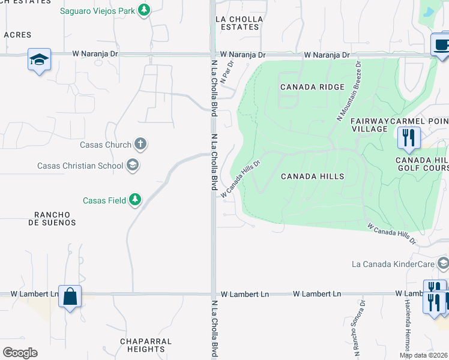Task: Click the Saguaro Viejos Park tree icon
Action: (x=143, y=10)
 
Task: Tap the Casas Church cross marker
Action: (x=140, y=145)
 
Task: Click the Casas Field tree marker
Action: (x=135, y=200)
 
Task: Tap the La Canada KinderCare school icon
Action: (x=443, y=264)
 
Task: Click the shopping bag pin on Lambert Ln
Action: (x=70, y=296)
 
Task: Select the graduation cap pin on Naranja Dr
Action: (x=39, y=59)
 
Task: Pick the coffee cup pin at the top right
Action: (x=441, y=45)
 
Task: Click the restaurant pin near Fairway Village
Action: (x=409, y=137)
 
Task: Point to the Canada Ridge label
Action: (x=312, y=87)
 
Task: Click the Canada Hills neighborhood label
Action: (x=313, y=176)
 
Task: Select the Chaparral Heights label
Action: (x=146, y=345)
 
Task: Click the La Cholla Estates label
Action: (x=239, y=23)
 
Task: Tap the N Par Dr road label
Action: (x=226, y=71)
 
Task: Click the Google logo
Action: (x=20, y=352)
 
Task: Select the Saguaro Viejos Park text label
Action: (x=98, y=11)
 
